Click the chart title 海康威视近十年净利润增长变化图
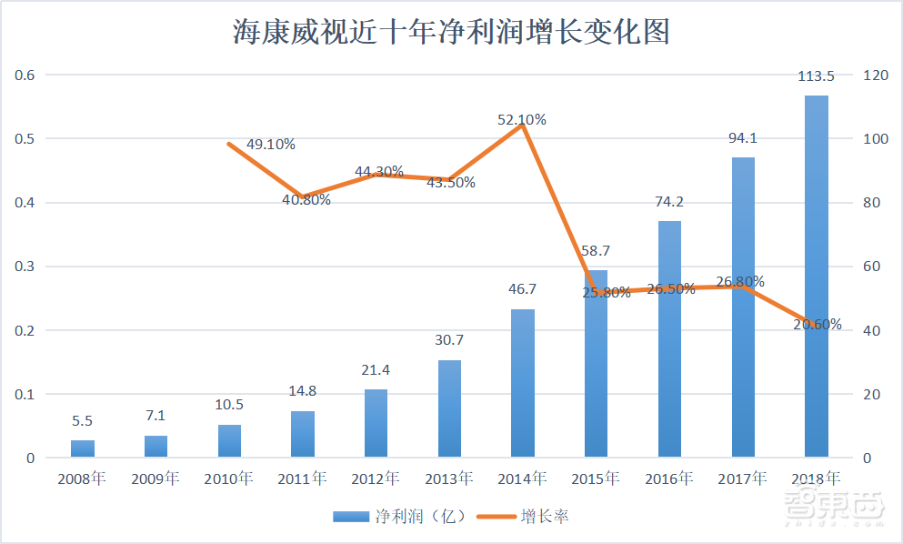coord(451,32)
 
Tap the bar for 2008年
coord(83,448)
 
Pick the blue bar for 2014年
coord(522,383)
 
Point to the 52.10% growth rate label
coord(522,119)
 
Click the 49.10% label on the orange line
coord(271,144)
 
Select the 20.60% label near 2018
coord(817,324)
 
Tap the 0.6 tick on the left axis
coord(25,75)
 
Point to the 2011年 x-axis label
coord(302,478)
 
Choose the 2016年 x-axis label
coord(669,478)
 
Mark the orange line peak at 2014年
coord(522,126)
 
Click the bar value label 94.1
coord(742,138)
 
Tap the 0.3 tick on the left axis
coord(25,267)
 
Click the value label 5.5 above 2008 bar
coord(83,421)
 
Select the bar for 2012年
coord(376,423)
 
